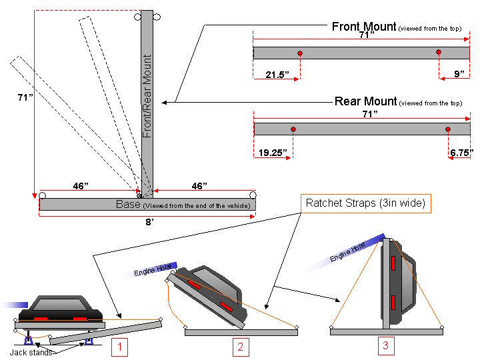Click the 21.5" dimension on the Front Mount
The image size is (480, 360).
click(x=277, y=75)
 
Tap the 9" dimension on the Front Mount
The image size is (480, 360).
click(x=459, y=74)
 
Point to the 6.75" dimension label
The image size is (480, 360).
click(x=461, y=153)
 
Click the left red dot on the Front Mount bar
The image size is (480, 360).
click(x=300, y=53)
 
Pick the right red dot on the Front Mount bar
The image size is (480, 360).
click(x=439, y=53)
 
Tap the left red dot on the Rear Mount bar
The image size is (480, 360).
click(x=293, y=129)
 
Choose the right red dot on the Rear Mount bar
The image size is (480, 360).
click(x=448, y=129)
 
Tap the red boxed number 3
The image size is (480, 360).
click(x=385, y=345)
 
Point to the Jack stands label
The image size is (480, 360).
click(x=31, y=352)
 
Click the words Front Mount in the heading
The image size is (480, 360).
click(x=363, y=27)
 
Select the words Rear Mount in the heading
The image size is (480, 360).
click(x=365, y=101)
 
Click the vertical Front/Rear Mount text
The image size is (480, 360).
click(x=147, y=97)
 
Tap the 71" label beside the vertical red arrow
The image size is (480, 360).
click(x=26, y=98)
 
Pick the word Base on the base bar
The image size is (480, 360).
click(x=128, y=204)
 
